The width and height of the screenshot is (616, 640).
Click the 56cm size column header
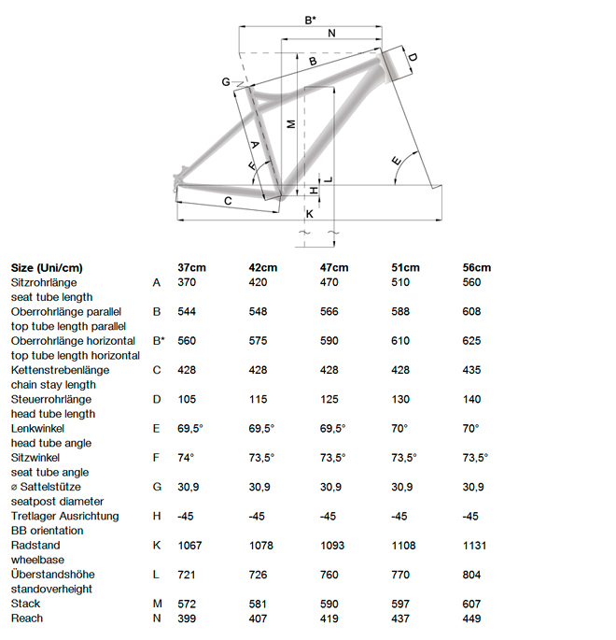(476, 267)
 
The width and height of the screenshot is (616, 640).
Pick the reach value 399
(186, 618)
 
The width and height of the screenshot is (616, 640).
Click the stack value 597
(402, 604)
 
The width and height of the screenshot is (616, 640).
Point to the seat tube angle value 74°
(186, 457)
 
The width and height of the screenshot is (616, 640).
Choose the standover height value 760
(331, 574)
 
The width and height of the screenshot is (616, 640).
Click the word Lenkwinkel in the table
(36, 428)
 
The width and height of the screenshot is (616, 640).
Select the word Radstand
(33, 545)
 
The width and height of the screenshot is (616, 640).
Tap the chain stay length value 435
(473, 370)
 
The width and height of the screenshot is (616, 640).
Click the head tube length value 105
(186, 399)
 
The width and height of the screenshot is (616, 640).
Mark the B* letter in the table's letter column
(158, 341)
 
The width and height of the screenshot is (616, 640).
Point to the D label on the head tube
(412, 59)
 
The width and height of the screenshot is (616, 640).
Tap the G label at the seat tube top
(226, 82)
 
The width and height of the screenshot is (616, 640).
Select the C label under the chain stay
(227, 201)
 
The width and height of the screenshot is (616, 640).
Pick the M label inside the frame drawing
(291, 123)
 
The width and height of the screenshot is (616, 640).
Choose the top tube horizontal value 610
(402, 341)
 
